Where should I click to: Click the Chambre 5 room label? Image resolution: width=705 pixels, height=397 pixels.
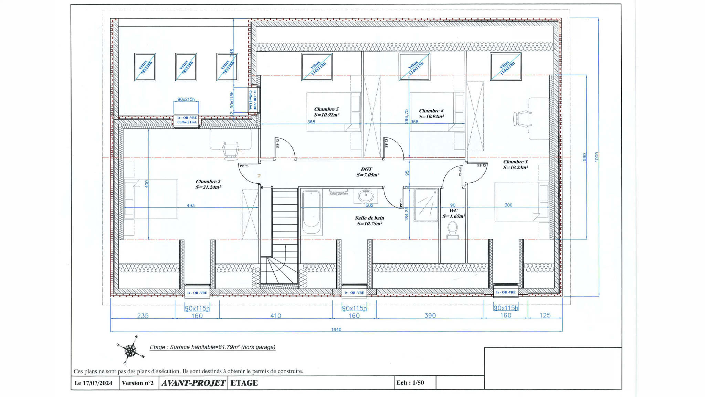tap(326, 109)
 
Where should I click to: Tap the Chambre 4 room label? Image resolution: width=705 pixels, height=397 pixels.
tap(431, 111)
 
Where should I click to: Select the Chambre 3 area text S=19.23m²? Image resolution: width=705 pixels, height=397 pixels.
tap(515, 167)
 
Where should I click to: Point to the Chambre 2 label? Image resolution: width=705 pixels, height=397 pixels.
tap(208, 182)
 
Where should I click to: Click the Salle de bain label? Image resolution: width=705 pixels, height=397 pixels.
tap(369, 218)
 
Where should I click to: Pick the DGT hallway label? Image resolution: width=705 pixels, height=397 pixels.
tap(366, 169)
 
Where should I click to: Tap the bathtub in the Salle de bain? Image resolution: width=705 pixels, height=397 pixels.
tap(311, 213)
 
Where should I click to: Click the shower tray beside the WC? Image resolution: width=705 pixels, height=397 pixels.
tap(426, 204)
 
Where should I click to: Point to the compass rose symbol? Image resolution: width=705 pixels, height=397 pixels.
tap(130, 350)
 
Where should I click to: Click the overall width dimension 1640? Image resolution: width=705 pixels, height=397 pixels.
tap(336, 329)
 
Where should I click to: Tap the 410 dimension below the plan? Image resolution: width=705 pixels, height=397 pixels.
tap(275, 316)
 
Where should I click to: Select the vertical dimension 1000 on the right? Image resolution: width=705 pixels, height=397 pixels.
tap(597, 157)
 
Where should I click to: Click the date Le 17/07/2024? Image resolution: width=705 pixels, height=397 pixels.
tap(93, 383)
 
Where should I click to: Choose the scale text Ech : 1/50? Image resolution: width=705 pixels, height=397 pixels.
tap(410, 383)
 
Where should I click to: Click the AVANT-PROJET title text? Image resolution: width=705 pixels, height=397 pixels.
tap(193, 383)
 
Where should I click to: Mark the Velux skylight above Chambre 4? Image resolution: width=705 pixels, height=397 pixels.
tap(414, 67)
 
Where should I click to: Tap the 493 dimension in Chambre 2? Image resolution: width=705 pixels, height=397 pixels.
tap(191, 205)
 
